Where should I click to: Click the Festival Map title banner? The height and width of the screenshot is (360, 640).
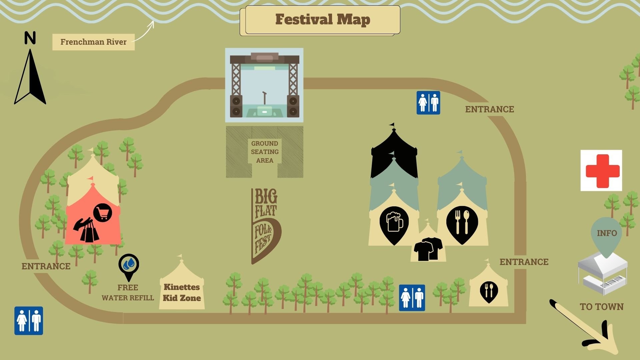coord(322,20)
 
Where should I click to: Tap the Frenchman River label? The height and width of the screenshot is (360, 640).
coord(93,42)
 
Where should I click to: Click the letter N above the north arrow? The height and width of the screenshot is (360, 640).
coord(30,38)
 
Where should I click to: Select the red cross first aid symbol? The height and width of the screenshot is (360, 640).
coord(601,170)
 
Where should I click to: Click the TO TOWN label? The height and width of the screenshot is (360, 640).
coord(601,307)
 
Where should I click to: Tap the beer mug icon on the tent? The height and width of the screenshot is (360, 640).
coord(394,223)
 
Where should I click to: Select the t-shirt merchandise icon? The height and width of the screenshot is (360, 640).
coord(428,249)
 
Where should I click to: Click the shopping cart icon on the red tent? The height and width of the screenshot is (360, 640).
coord(103,213)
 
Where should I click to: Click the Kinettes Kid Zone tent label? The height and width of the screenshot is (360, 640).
coord(182,292)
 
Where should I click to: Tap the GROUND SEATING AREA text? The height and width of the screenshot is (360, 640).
coord(265,152)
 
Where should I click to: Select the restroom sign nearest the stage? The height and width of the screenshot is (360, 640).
coord(428,103)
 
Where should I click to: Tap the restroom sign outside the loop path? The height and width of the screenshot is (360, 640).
coord(29,321)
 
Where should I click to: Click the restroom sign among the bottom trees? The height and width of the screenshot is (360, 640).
coord(412,298)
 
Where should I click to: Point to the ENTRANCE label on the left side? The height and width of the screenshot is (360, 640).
coord(46,266)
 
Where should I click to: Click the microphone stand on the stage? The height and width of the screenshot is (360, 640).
coord(265,98)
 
